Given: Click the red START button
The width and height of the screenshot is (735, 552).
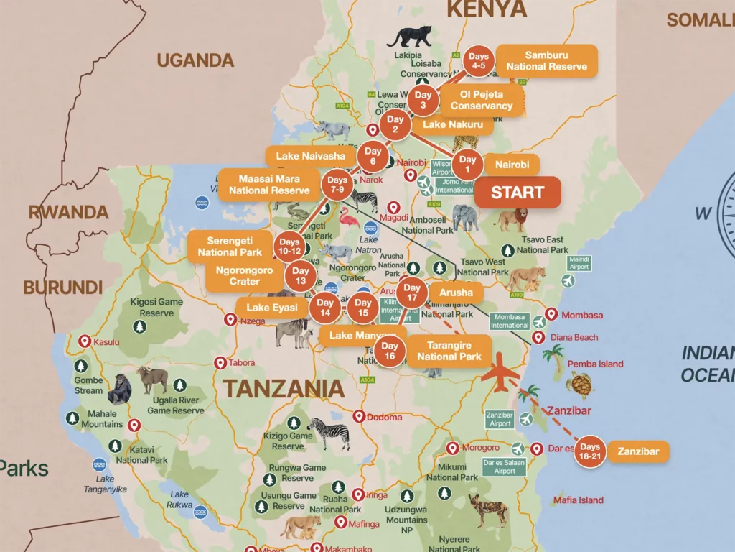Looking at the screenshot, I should tap(518, 193).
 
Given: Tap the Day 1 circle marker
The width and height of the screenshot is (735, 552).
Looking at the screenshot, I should tap(467, 165).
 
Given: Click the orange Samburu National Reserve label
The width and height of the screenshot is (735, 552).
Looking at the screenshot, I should tap(546, 61).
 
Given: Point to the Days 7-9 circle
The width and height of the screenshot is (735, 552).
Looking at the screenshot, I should tap(337, 185).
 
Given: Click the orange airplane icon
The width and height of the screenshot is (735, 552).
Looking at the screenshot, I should tap(501, 374).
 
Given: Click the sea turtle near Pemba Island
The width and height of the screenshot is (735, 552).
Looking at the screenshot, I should tap(579, 385).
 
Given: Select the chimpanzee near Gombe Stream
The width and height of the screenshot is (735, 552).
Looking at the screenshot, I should tap(119, 389).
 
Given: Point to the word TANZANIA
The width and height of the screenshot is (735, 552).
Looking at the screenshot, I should tap(283, 389).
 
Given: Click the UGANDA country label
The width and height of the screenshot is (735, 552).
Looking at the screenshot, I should tap(195, 60).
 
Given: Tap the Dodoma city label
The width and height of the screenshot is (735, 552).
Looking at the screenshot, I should tap(385, 417).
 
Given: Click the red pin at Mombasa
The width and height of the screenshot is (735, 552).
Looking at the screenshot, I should tap(551, 314).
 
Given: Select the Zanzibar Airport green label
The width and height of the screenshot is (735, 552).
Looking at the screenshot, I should tap(500, 419).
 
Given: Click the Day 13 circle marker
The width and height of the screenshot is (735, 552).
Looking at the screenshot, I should tap(300, 276).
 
